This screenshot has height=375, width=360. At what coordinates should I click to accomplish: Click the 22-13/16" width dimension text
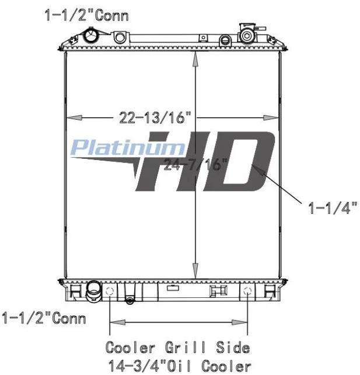point(155,117)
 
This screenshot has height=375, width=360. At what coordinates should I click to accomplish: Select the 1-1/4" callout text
point(333,207)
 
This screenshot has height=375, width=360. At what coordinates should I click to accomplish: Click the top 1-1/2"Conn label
point(86,16)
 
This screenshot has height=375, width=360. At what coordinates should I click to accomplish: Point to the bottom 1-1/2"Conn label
point(44,318)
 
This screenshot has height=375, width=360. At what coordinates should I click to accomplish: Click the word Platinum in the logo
point(128,147)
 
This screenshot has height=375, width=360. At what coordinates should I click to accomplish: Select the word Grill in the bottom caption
point(185,348)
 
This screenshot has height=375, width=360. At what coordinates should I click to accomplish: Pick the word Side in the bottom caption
point(233,348)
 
